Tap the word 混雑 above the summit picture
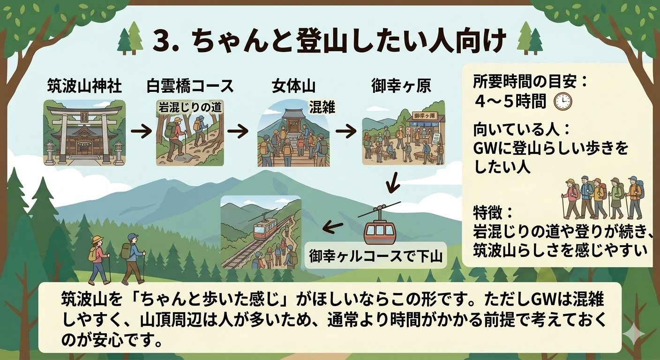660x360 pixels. coord(322,107)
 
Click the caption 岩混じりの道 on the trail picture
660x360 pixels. coord(189,107)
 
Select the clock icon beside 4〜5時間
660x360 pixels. coord(562,102)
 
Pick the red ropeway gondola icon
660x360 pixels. coord(380,228)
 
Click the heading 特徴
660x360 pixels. coord(488,213)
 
